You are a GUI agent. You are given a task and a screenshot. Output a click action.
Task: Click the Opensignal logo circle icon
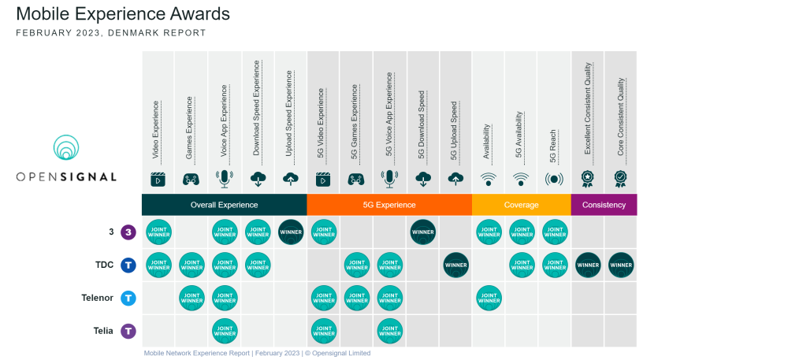point(66,150)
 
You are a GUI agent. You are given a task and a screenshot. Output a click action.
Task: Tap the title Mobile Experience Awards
point(123,14)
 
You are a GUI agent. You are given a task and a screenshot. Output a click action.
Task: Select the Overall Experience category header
point(225,205)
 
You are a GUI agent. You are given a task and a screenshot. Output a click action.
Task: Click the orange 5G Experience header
point(389,205)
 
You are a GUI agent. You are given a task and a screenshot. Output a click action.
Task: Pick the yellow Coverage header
point(522,205)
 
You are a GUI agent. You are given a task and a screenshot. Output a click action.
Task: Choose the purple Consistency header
point(604,205)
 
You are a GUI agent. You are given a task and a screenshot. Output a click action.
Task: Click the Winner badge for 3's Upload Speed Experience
point(291,232)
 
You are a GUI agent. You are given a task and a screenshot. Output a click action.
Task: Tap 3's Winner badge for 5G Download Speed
point(422,232)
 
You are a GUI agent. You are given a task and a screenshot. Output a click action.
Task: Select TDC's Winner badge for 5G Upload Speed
point(455,265)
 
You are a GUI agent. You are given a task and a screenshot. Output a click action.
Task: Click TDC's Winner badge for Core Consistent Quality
point(621,265)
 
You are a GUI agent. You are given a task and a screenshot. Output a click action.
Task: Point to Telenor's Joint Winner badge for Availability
point(489,298)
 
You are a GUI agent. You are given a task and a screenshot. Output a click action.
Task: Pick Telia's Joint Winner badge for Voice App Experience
point(225,331)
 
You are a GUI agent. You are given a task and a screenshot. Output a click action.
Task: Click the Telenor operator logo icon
point(128,298)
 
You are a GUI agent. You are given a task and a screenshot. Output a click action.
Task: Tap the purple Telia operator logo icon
point(128,331)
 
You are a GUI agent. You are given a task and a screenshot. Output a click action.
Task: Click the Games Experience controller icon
point(191,179)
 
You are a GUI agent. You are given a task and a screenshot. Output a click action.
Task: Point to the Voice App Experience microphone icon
point(225,179)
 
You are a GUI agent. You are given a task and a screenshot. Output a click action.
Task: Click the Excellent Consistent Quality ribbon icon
point(588,179)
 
